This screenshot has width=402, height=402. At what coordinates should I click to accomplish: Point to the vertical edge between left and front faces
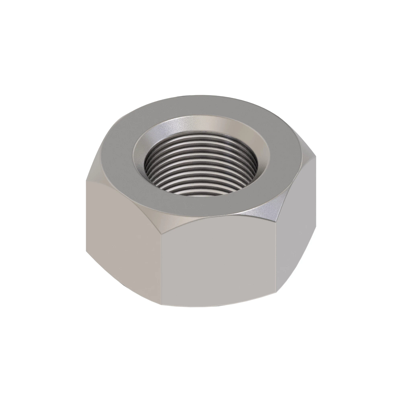tap(160, 261)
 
